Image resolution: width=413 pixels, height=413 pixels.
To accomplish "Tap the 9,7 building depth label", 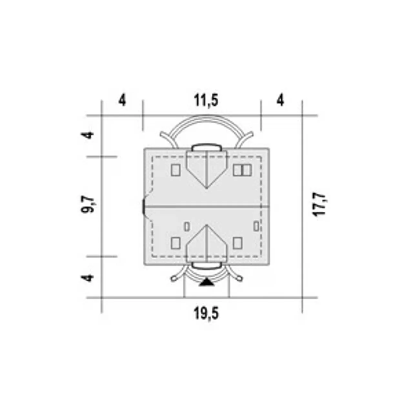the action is coord(87,205).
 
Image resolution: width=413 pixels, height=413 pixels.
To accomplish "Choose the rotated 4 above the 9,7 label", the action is coord(87,135).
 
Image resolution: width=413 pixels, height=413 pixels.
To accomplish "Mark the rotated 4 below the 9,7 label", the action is coord(87,278).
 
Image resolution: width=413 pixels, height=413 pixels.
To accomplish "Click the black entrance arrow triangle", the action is coord(206,282).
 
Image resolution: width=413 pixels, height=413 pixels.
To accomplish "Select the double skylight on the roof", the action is coord(242,170).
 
